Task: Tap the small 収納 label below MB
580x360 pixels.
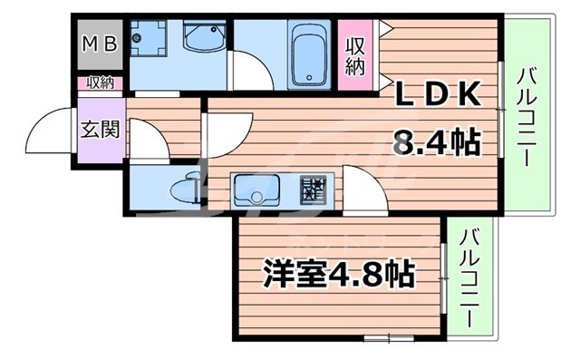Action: (100, 83)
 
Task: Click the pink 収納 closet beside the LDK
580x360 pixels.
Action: (354, 55)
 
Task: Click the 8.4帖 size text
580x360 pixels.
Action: (435, 142)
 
